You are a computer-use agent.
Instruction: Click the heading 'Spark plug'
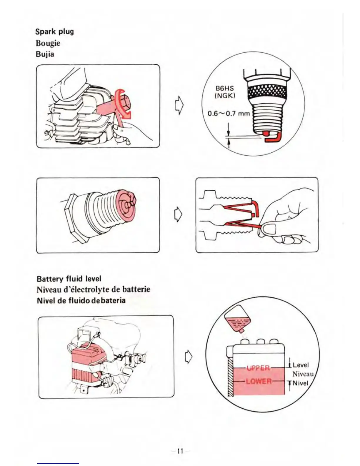point(55,31)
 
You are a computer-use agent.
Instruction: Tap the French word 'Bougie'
point(48,43)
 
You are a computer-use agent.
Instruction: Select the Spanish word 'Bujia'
point(45,54)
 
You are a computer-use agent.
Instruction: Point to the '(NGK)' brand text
point(225,96)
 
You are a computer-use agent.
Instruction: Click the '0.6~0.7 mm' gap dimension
point(229,113)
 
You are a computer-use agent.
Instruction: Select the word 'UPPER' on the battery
point(258,368)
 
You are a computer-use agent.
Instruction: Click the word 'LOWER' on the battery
point(259,381)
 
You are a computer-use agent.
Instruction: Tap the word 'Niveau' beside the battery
point(303,374)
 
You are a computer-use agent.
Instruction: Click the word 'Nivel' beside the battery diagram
point(300,383)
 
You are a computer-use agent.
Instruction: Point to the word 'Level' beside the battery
point(301,365)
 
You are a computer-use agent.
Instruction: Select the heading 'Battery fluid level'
point(69,279)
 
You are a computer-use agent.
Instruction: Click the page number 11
point(180,451)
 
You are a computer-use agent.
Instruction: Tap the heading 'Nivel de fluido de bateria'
point(81,301)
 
